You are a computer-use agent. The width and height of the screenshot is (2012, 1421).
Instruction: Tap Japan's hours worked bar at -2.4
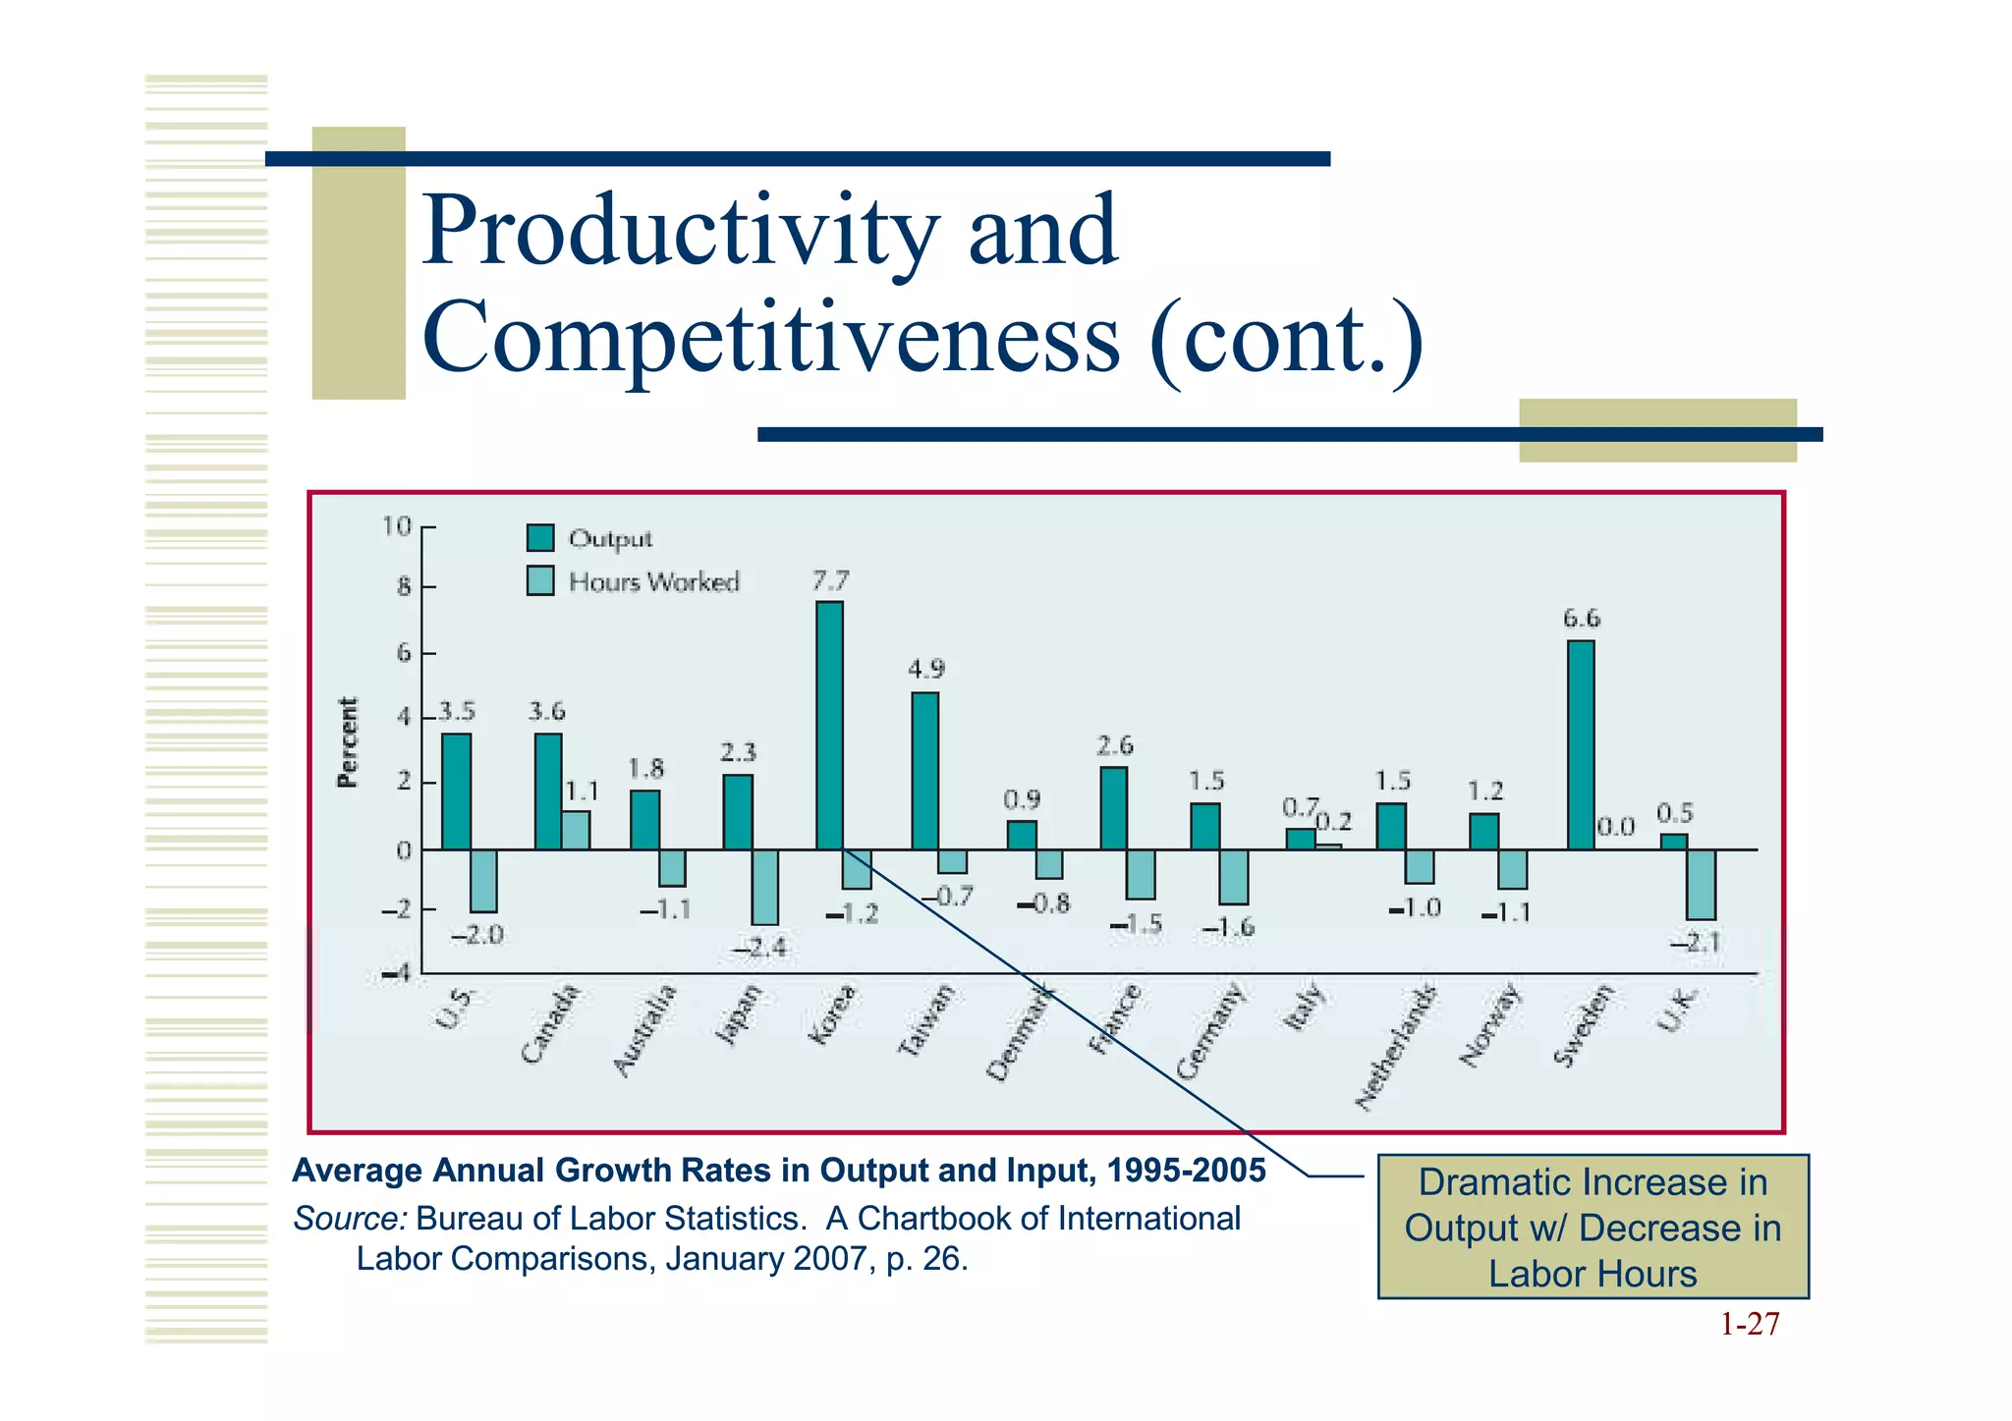(764, 887)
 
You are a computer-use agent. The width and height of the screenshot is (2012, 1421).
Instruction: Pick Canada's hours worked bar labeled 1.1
(576, 830)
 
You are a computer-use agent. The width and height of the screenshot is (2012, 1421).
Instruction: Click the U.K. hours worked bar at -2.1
(1701, 884)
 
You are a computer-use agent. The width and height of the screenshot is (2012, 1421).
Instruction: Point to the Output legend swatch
(540, 538)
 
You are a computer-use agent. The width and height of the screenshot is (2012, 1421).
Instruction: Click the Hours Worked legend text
(653, 582)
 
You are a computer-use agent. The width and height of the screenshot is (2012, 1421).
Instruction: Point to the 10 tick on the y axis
(397, 527)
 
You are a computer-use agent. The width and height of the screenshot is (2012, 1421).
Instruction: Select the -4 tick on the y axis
(397, 973)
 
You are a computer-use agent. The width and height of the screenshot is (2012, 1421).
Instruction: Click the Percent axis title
(348, 742)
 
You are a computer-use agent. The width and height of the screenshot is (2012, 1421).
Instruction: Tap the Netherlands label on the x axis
(1395, 1047)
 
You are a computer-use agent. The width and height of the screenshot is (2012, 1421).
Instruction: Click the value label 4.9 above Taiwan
(925, 670)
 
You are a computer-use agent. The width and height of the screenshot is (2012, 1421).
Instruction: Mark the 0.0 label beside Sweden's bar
(1615, 827)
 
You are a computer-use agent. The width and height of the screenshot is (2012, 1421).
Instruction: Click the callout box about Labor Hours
(1593, 1227)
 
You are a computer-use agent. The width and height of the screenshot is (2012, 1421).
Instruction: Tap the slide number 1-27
(1750, 1324)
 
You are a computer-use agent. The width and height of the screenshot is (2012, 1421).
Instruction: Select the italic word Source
(350, 1218)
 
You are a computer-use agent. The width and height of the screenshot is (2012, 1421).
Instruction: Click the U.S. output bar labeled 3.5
(456, 791)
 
